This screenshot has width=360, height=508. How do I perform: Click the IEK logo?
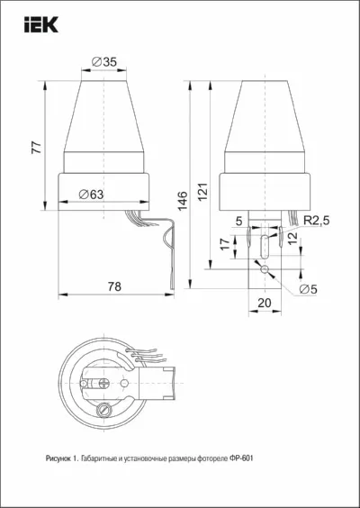coord(41,24)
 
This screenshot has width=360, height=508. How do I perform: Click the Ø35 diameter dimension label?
coord(103,62)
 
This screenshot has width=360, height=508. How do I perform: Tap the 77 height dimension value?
coord(37,148)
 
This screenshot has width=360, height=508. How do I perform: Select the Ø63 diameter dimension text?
coord(91,195)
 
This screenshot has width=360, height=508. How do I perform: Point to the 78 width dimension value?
coord(114,286)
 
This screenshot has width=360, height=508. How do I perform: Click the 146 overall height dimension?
coord(183,201)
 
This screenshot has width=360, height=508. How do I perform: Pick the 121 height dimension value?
coord(203,192)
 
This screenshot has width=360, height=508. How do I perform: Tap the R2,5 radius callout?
coord(316,221)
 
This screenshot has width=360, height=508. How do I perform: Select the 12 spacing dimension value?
coord(293,238)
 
